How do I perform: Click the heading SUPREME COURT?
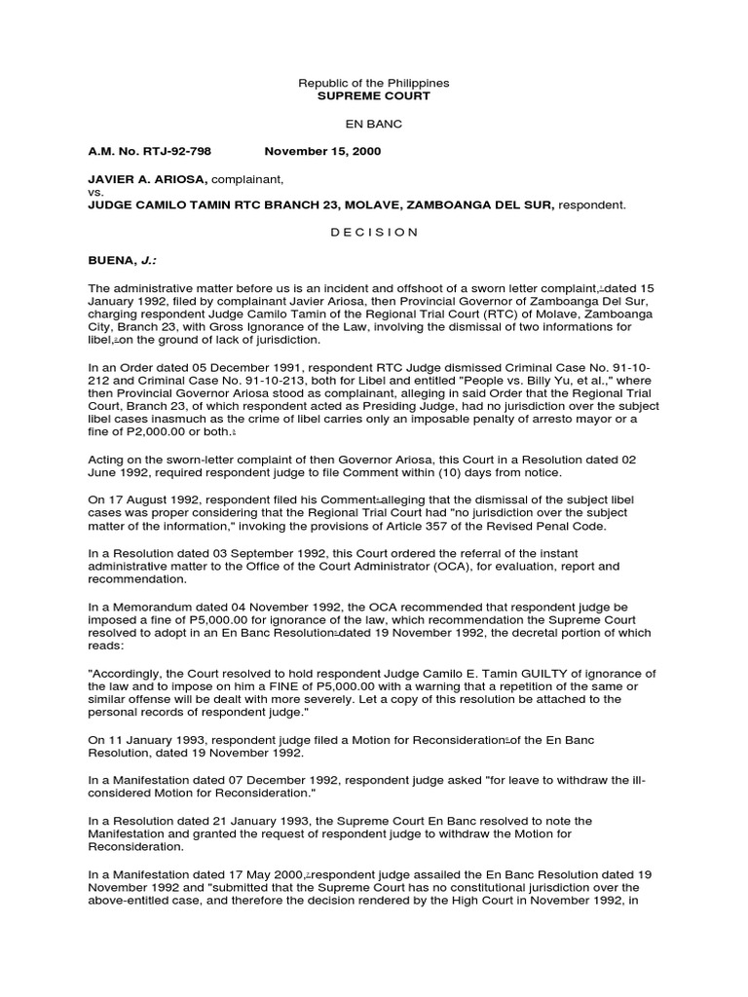374,96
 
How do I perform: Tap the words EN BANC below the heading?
374,125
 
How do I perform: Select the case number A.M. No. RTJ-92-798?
149,152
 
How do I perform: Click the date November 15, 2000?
323,152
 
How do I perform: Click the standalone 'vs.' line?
95,193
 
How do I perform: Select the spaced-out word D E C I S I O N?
374,233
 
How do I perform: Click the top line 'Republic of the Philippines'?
374,84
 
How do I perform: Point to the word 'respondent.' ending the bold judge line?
592,205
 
